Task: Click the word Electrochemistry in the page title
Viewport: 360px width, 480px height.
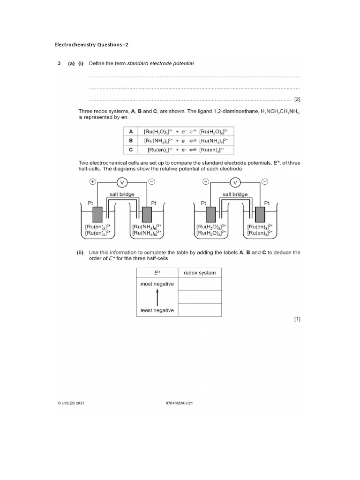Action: point(73,45)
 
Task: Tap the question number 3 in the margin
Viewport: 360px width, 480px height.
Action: point(59,64)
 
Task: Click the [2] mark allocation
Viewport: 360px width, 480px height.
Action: point(297,99)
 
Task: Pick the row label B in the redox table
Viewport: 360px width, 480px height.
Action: point(131,140)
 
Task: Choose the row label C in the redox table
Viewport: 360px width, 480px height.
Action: point(131,150)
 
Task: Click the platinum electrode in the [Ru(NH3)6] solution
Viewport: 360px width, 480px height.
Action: point(147,214)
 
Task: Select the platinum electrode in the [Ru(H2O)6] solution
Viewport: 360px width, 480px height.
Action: point(211,214)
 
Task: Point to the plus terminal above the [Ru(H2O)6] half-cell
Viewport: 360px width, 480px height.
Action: point(206,182)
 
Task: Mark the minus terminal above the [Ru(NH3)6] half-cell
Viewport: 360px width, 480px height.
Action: point(152,182)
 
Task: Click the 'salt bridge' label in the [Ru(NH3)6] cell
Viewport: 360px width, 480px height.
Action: point(123,194)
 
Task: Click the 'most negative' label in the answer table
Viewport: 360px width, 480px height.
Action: point(157,284)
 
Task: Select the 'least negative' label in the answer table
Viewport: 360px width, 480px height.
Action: point(157,310)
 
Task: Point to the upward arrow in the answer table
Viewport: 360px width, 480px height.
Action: point(157,297)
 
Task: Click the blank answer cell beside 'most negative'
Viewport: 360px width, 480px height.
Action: point(200,284)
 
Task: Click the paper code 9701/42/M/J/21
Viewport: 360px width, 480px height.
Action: point(177,402)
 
